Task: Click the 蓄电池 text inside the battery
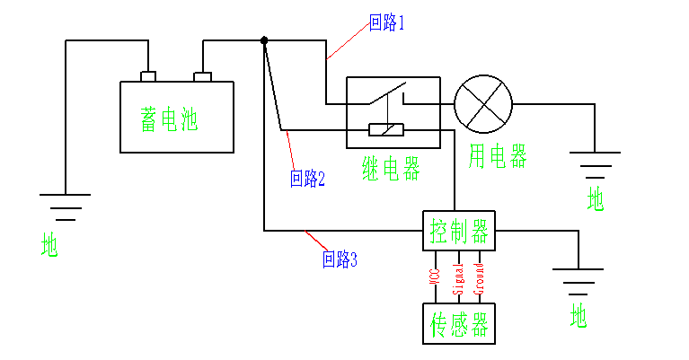[x=169, y=120]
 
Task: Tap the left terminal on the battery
[x=149, y=75]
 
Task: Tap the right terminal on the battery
[x=203, y=75]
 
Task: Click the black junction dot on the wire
[x=264, y=40]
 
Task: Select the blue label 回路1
[x=387, y=23]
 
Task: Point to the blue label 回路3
[x=340, y=260]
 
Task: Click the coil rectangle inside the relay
[x=386, y=130]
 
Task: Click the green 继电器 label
[x=391, y=168]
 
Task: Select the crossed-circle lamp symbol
[x=482, y=103]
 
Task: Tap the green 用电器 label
[x=497, y=157]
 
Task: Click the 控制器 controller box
[x=458, y=233]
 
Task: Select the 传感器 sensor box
[x=458, y=324]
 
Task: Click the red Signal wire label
[x=457, y=278]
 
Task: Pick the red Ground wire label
[x=479, y=278]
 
